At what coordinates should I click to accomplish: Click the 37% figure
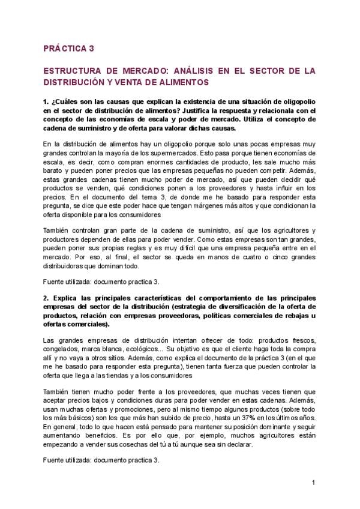coord(231,418)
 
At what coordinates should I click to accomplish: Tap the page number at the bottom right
coord(313,483)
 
